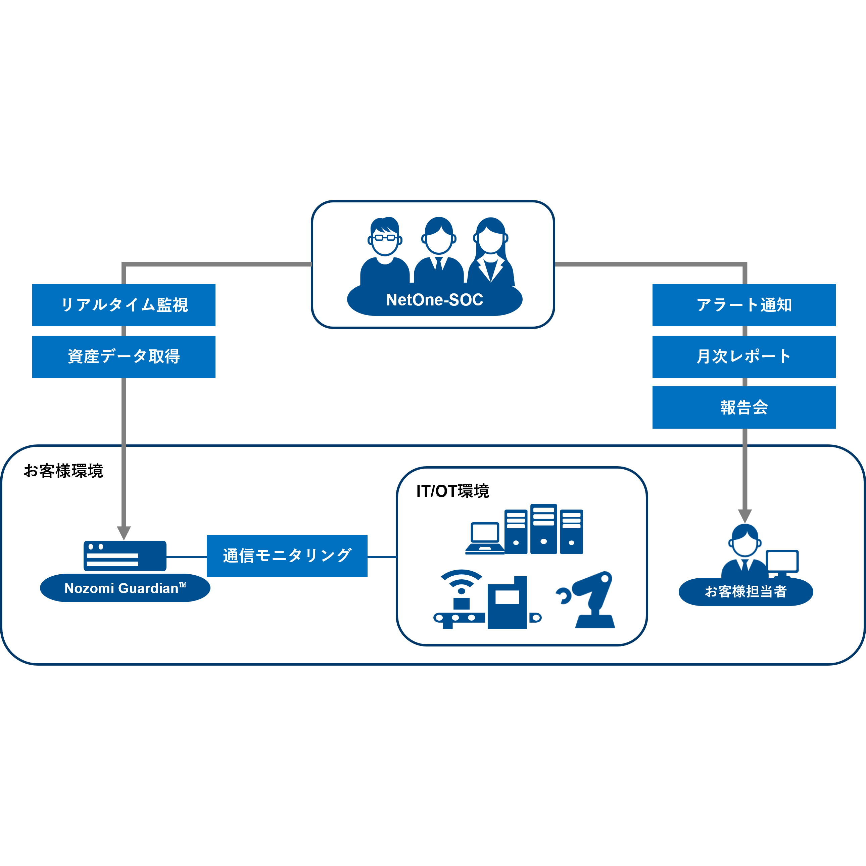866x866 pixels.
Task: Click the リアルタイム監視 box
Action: [x=124, y=305]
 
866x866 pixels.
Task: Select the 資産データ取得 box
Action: [x=124, y=356]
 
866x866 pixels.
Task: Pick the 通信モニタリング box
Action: [x=287, y=556]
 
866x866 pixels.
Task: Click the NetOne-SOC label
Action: [x=434, y=300]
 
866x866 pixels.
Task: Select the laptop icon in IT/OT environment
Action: [x=485, y=538]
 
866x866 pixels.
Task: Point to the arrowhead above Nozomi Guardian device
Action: [x=124, y=532]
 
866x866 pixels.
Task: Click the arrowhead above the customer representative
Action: [x=744, y=516]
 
